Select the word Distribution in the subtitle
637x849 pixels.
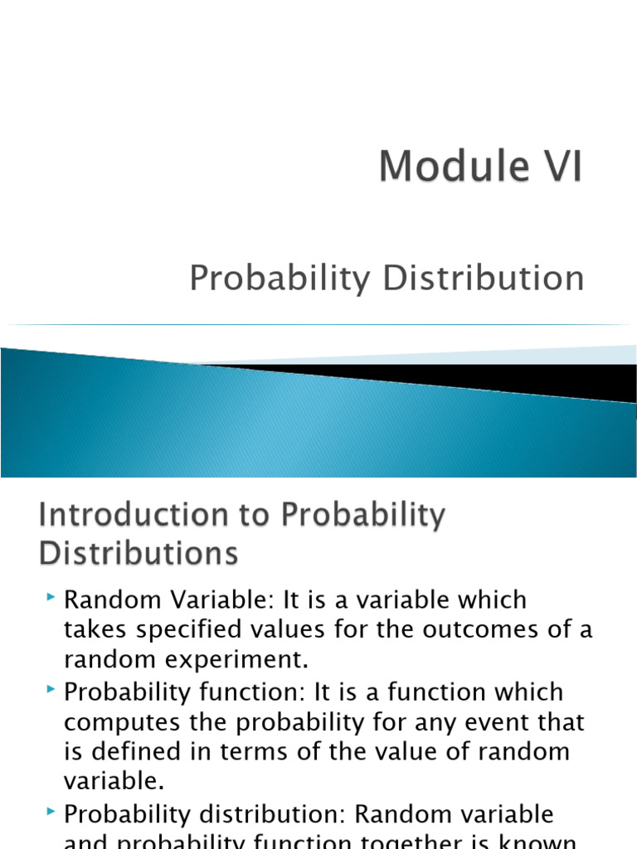(x=484, y=279)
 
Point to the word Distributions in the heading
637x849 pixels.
(x=139, y=553)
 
